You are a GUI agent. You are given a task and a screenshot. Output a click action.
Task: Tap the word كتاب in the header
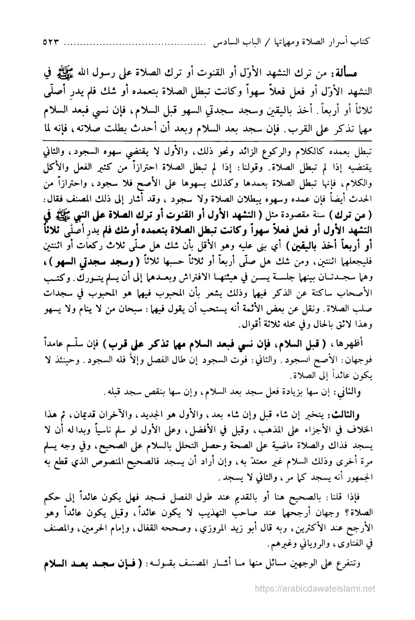coord(364,42)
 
